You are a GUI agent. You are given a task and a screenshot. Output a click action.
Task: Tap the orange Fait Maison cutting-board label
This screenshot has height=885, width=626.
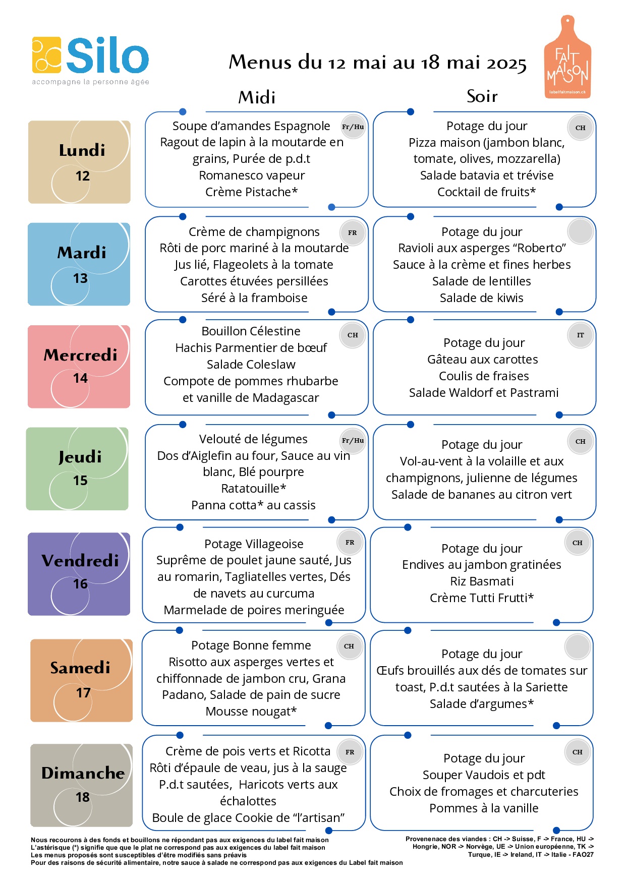tap(567, 56)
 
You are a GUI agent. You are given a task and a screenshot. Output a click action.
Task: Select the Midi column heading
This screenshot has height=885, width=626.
tap(257, 97)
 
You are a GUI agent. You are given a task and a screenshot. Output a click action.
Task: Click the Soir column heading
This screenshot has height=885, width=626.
tap(482, 96)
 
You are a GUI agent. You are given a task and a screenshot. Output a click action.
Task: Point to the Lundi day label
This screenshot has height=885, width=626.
tap(82, 150)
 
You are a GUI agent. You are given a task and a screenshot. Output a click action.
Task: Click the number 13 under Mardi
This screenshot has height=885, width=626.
tap(80, 278)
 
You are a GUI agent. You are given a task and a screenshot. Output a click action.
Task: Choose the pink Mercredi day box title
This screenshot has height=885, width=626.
tap(80, 355)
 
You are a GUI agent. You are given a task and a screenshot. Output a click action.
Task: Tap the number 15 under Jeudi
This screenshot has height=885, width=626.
tap(80, 481)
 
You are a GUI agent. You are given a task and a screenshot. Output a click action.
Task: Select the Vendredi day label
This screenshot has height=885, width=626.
tap(80, 560)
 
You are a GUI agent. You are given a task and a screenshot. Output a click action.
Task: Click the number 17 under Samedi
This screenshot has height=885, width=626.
tap(83, 693)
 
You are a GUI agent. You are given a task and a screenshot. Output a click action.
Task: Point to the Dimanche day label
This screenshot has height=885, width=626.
tap(83, 773)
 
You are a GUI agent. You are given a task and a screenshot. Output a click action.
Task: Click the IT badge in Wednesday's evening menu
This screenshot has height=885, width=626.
tap(581, 335)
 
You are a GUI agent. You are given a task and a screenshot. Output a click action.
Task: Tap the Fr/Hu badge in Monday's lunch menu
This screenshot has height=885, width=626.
tap(353, 127)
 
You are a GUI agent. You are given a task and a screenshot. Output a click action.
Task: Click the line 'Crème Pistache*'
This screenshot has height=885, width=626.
tap(251, 192)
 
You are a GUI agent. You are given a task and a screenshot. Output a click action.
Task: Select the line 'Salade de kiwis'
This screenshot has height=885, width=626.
tap(481, 298)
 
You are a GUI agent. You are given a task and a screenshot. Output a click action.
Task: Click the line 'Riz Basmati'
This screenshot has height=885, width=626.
tap(482, 581)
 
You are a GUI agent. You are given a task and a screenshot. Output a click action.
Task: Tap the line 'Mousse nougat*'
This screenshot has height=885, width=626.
tap(251, 712)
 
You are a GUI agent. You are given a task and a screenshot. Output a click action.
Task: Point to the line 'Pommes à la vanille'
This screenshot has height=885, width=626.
tap(484, 808)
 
